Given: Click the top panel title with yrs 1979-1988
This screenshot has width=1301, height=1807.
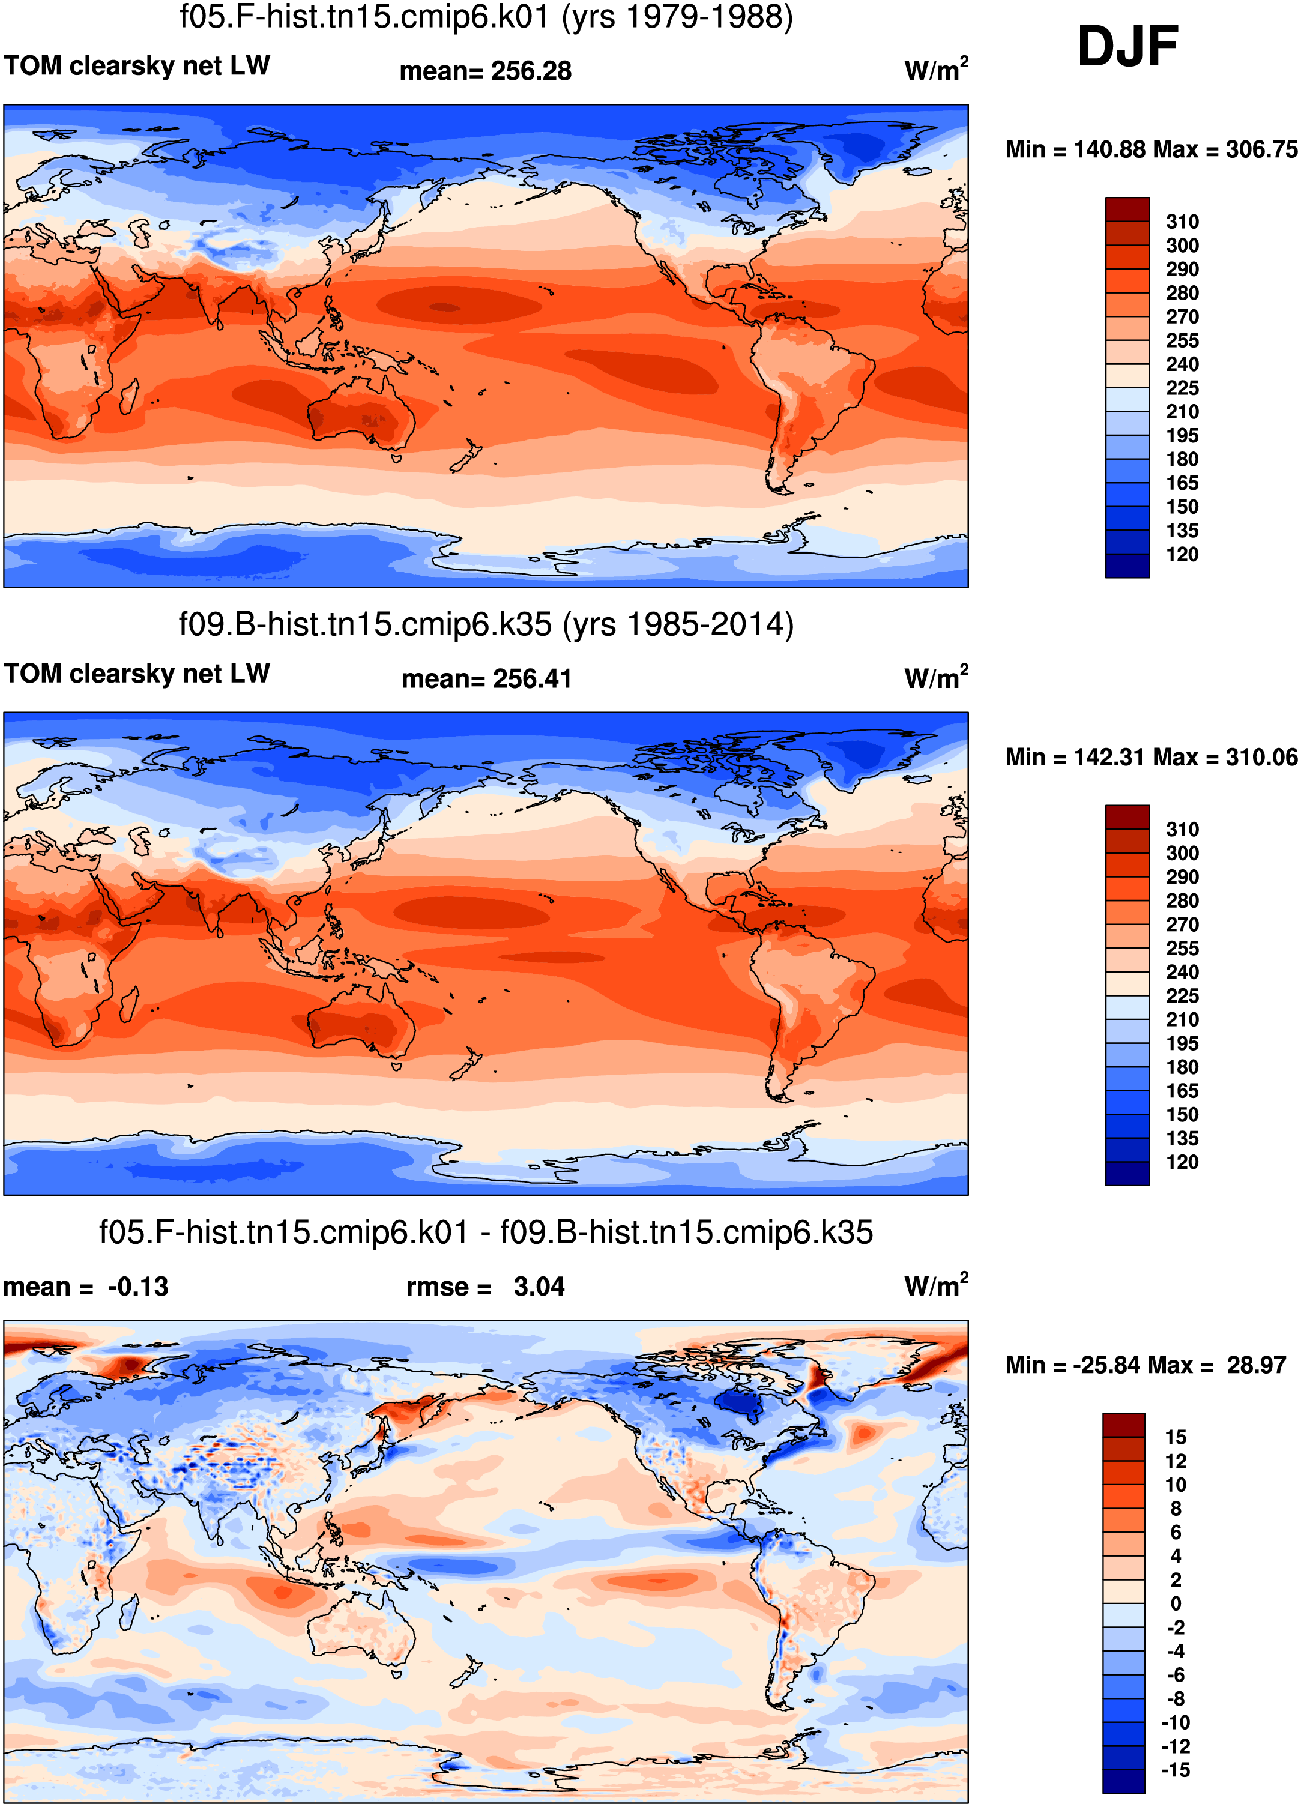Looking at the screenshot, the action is [x=486, y=17].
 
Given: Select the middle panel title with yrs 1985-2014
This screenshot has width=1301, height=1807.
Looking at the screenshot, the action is [x=486, y=624].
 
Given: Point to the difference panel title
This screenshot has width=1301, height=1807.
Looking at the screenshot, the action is [x=486, y=1232].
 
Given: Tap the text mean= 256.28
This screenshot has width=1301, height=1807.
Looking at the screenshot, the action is [x=485, y=71].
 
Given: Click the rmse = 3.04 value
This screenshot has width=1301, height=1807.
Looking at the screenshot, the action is [x=485, y=1287].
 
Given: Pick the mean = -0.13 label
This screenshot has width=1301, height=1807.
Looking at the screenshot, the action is [x=86, y=1287].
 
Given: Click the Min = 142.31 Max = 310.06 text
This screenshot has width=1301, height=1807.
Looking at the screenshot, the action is [x=1152, y=757].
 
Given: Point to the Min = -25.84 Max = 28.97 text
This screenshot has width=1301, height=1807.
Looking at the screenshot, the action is [x=1146, y=1365].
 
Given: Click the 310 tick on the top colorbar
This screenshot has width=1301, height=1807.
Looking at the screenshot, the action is [x=1182, y=222].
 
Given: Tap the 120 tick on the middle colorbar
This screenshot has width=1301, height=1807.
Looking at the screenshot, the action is [x=1182, y=1162].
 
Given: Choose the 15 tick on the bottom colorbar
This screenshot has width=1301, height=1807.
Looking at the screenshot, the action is [x=1176, y=1437].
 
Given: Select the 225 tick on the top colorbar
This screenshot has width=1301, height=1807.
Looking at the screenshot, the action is [x=1182, y=388].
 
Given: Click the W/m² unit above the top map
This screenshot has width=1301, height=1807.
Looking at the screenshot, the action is [x=936, y=69].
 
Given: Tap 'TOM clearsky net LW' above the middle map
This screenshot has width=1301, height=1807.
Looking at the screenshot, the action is [x=137, y=673].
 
